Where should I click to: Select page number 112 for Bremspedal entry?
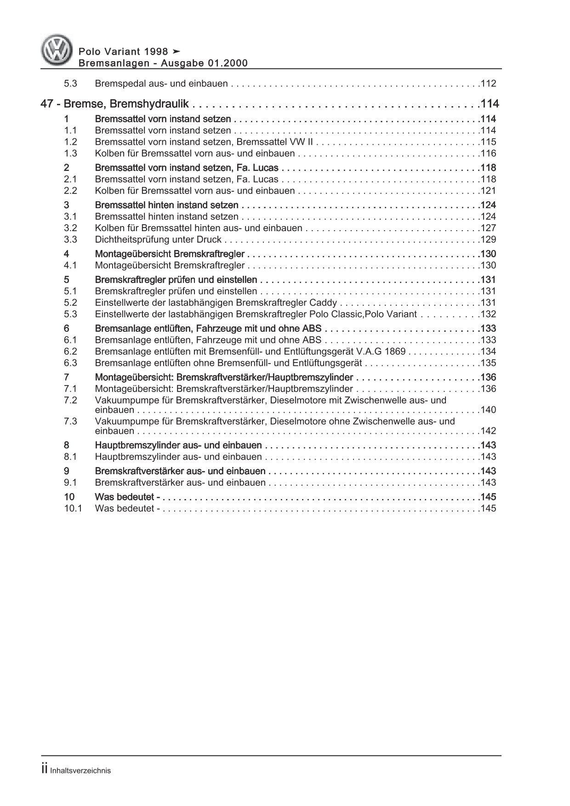click(488, 84)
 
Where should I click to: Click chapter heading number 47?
click(46, 104)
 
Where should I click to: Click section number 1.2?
click(70, 142)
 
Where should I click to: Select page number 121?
click(488, 191)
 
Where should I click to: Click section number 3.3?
click(70, 239)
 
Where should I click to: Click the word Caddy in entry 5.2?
click(326, 303)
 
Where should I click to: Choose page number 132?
click(488, 314)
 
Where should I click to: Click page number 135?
click(488, 363)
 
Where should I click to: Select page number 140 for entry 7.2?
click(488, 410)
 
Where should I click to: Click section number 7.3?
click(70, 421)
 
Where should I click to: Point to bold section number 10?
click(69, 497)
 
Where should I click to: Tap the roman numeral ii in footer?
click(45, 770)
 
